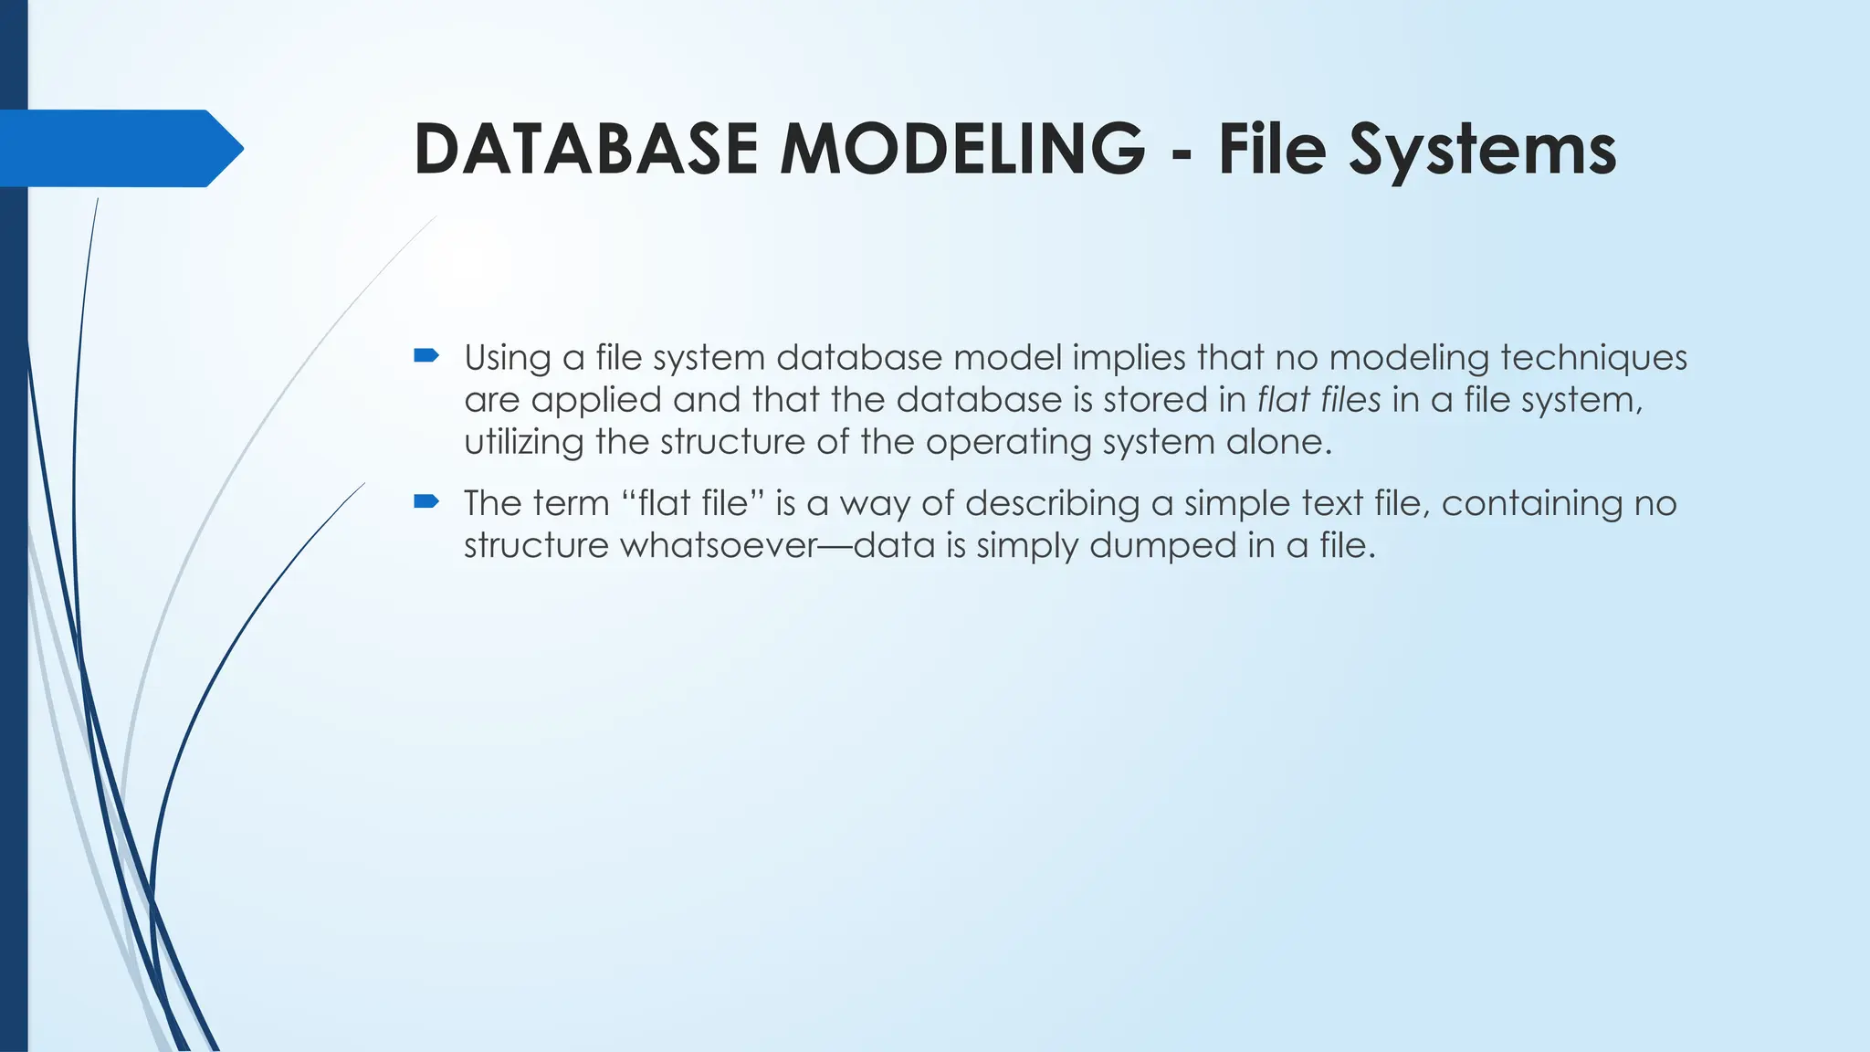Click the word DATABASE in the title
(584, 149)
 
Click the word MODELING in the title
(961, 149)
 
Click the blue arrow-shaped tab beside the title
(119, 148)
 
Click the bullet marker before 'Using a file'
(426, 355)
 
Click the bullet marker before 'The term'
(426, 500)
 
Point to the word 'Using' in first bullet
(507, 358)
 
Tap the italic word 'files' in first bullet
(1350, 400)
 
